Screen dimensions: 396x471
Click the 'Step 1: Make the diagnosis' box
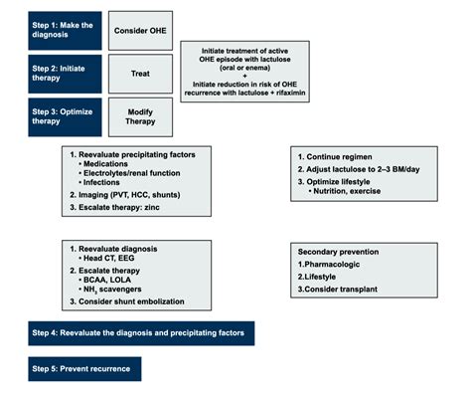64,30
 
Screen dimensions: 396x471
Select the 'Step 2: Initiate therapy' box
64,74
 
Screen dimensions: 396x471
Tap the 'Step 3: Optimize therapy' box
64,117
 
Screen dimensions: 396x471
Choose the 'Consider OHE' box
139,30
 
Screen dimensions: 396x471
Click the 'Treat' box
139,74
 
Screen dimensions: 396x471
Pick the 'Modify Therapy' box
139,117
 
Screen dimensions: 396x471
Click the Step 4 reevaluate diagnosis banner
141,332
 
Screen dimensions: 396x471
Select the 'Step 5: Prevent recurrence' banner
84,369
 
